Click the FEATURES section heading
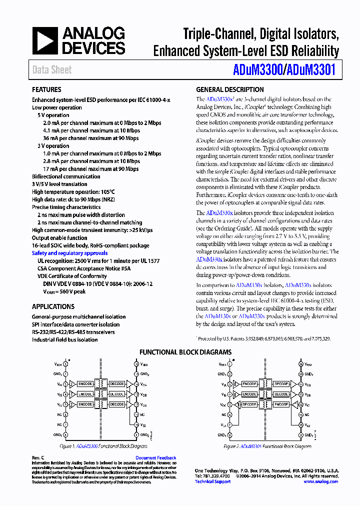pyautogui.click(x=46, y=90)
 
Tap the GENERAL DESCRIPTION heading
pyautogui.click(x=229, y=90)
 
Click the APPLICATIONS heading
pyautogui.click(x=53, y=306)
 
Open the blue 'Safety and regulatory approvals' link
pyautogui.click(x=69, y=253)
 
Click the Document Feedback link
pyautogui.click(x=156, y=457)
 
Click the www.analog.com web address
pyautogui.click(x=320, y=481)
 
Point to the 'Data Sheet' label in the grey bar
pyautogui.click(x=52, y=70)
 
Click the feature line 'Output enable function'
pyautogui.click(x=59, y=237)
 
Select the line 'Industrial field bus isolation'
pyautogui.click(x=64, y=339)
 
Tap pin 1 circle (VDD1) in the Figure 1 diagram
pyautogui.click(x=66, y=363)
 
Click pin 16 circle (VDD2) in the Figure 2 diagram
pyautogui.click(x=300, y=364)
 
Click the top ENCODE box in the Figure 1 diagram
pyautogui.click(x=85, y=383)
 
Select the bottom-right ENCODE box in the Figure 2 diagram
pyautogui.click(x=281, y=403)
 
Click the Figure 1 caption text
pyautogui.click(x=103, y=445)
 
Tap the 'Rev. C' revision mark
pyautogui.click(x=38, y=457)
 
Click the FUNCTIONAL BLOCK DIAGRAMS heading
pyautogui.click(x=185, y=352)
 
